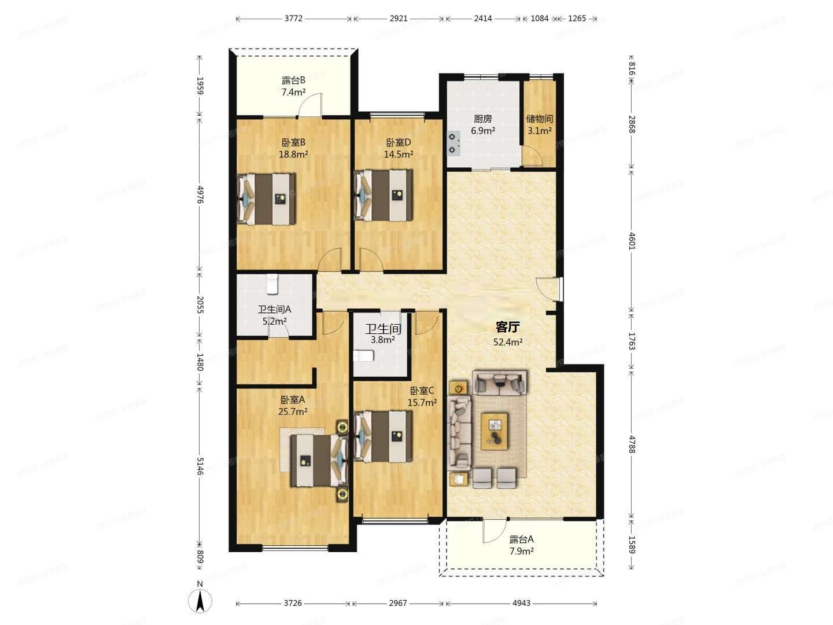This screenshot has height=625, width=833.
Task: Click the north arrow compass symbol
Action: (200, 600)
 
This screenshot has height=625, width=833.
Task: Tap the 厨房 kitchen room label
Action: (482, 119)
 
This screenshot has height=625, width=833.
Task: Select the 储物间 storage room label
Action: (539, 119)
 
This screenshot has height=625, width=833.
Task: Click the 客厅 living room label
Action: (508, 327)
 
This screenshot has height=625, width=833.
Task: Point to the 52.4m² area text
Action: (508, 342)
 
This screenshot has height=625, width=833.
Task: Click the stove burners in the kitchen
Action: (454, 144)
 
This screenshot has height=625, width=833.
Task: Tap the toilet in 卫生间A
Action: (272, 284)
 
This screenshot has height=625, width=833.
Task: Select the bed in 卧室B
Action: (267, 199)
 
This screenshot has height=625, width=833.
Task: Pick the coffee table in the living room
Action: (494, 432)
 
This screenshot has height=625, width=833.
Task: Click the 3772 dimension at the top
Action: (293, 18)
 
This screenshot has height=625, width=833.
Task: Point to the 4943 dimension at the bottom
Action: (521, 603)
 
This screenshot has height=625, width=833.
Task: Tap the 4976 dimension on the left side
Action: (200, 194)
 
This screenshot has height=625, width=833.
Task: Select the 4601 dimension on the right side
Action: (632, 241)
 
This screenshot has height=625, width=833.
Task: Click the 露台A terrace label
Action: (521, 539)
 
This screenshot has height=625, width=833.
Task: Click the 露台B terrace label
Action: (293, 80)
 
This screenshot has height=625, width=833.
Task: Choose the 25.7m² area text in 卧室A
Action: (293, 411)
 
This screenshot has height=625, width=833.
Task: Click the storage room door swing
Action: (532, 156)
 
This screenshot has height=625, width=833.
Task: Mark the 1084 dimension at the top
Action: (539, 18)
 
